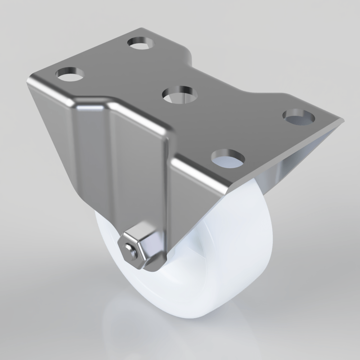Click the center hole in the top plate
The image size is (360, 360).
(x=180, y=95)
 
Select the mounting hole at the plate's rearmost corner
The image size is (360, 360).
(x=141, y=43)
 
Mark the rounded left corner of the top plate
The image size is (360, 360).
(x=30, y=78)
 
